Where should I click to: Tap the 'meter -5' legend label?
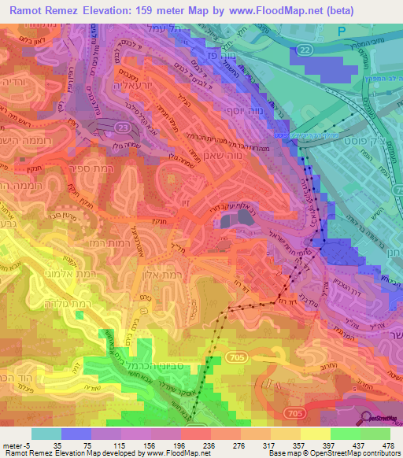click(x=16, y=444)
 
